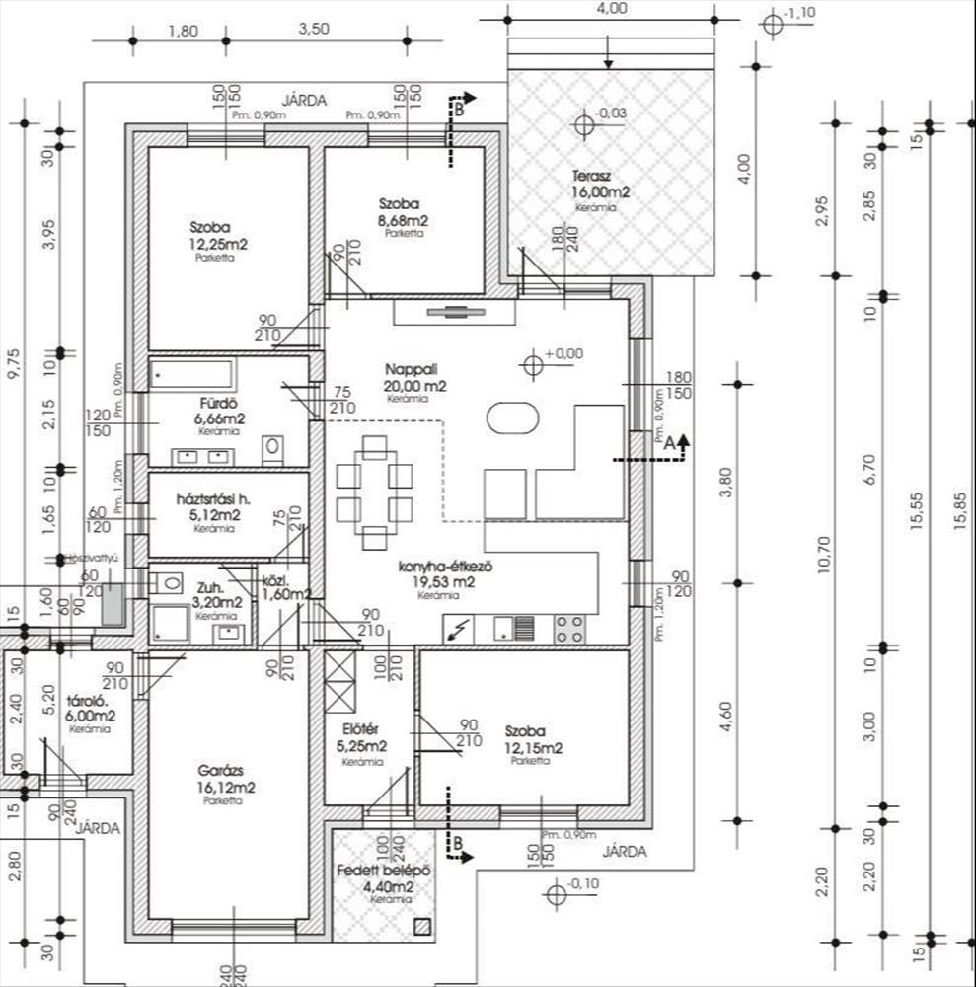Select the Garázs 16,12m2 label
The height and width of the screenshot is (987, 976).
coord(226,780)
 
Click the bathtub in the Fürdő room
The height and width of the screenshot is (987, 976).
coord(193,375)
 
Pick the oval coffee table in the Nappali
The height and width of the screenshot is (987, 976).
coord(513,418)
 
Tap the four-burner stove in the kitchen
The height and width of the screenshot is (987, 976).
coord(569,629)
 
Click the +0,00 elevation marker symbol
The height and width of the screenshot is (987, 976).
coord(534,365)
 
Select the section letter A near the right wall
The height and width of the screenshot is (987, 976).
coord(667,444)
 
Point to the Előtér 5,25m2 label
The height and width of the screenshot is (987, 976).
coord(358,738)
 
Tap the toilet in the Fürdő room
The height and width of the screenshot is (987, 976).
coord(273,450)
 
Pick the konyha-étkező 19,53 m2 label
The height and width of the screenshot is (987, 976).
coord(445,574)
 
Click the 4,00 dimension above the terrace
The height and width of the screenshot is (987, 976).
coord(612,8)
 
